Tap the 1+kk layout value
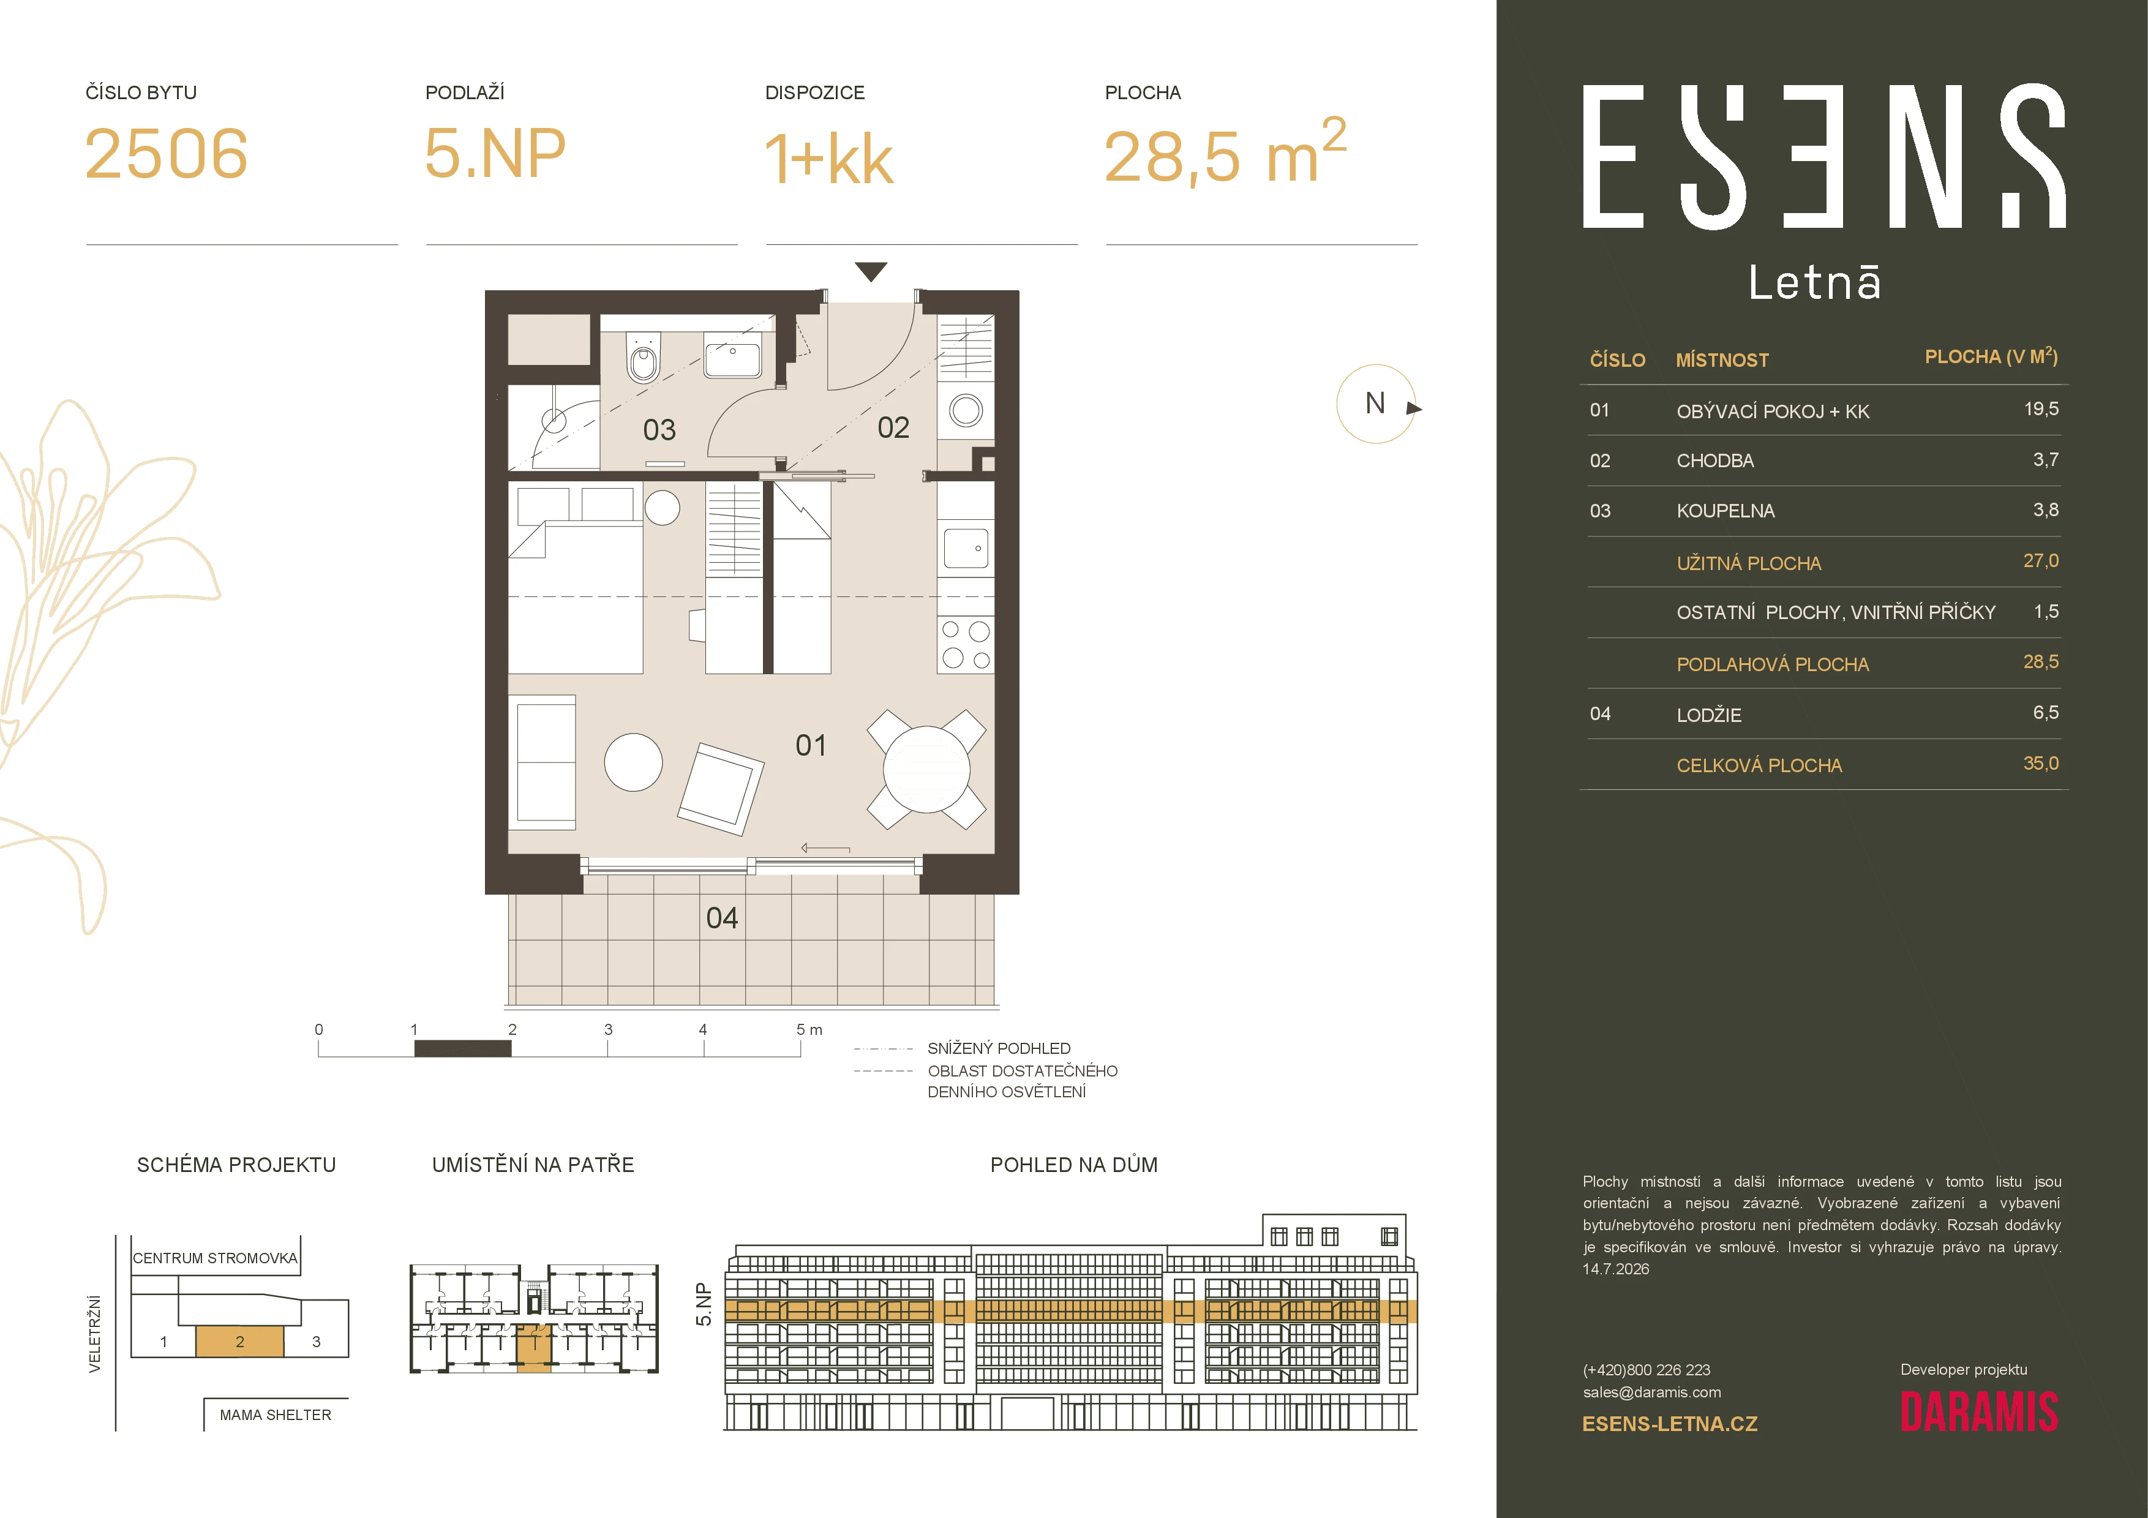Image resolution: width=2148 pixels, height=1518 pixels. point(829,158)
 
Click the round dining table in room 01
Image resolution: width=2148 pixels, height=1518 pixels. point(926,770)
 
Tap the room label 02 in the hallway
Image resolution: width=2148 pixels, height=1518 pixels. point(893,427)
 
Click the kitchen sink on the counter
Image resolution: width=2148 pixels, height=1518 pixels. point(966,548)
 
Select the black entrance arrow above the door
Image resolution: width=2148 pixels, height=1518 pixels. point(871,272)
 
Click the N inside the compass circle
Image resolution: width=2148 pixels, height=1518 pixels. point(1374,403)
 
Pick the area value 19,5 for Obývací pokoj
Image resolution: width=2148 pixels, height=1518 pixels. point(2041,408)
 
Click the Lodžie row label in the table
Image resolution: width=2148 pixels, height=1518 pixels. point(1709,715)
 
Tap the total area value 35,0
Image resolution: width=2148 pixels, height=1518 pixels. point(2041,763)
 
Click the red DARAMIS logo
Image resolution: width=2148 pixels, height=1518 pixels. point(1978,1412)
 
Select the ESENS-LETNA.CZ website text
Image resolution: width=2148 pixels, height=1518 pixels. point(1670,1424)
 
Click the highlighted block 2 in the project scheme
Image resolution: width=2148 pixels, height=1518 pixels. point(239,1341)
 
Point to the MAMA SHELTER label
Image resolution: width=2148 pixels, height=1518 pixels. point(275,1415)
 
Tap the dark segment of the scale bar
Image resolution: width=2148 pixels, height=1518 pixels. point(463,1048)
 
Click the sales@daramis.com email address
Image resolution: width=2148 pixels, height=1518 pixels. point(1652,1392)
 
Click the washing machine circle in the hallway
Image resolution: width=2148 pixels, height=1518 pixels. point(966,410)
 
